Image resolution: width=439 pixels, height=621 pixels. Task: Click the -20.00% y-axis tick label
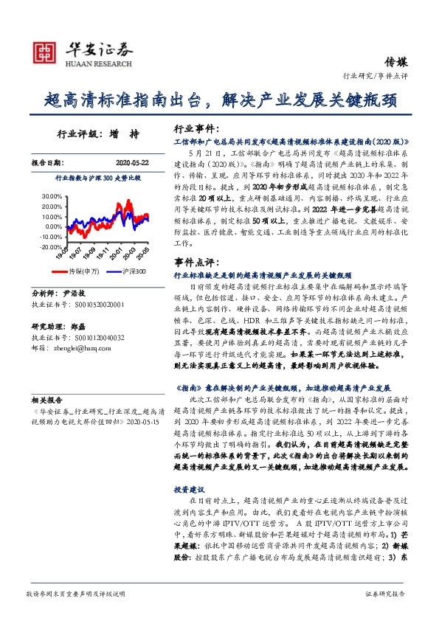(51, 247)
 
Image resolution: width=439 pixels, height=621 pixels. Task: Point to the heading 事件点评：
(194, 262)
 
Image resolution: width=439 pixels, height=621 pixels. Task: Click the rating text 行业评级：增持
(97, 135)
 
